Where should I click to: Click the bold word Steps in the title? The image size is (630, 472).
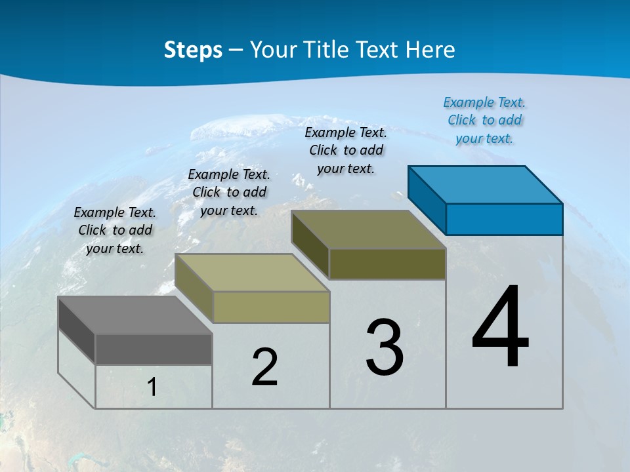tap(193, 50)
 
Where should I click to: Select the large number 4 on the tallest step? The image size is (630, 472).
tap(500, 328)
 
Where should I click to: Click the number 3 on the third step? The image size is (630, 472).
tap(385, 347)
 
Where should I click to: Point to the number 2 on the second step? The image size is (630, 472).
tap(265, 367)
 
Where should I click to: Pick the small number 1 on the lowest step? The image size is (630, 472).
tap(152, 387)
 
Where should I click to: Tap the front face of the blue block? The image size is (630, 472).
tap(504, 219)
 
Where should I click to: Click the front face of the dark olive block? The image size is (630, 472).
tap(387, 264)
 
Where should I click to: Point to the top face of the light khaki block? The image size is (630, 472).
tap(252, 273)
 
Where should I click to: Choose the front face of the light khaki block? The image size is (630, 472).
tap(271, 307)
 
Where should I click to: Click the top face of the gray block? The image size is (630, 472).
tap(135, 315)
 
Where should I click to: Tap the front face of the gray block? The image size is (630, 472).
tap(154, 349)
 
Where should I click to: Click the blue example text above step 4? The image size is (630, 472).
tap(484, 120)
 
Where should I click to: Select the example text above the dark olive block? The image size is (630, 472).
tap(346, 150)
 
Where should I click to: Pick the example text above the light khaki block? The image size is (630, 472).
tap(229, 192)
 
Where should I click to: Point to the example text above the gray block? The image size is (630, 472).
tap(115, 230)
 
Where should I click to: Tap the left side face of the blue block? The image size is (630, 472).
tap(427, 199)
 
